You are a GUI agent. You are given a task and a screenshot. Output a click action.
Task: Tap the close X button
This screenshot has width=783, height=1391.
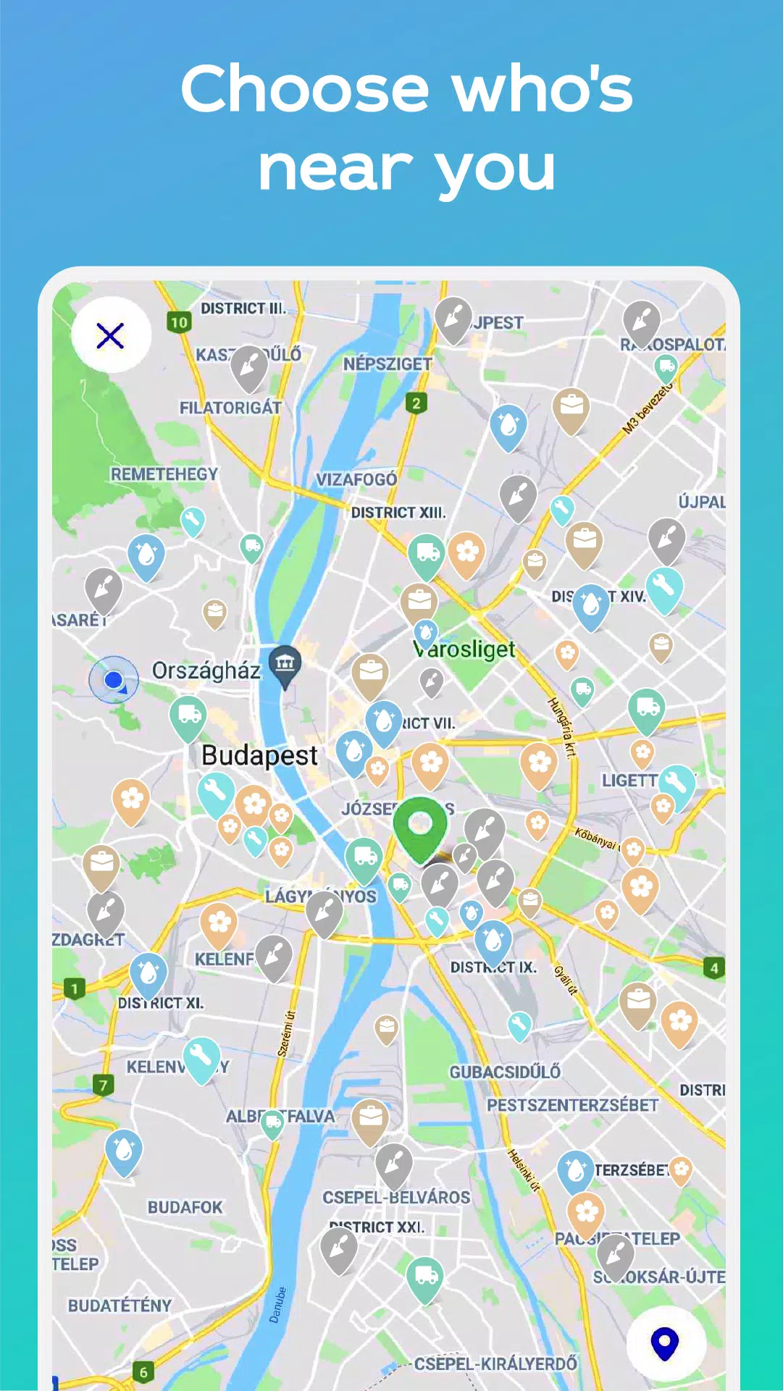pos(110,335)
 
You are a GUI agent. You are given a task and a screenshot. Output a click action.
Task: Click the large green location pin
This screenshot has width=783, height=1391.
pos(420,826)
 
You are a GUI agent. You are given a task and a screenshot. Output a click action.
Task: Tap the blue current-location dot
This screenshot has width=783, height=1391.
pos(113,679)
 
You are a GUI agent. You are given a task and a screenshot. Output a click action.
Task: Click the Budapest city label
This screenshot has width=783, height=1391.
pos(259,755)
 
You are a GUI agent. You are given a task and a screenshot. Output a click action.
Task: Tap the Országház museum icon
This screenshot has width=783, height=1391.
pos(285,663)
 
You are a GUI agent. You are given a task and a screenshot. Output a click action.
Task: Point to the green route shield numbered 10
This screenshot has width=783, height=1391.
pos(179,322)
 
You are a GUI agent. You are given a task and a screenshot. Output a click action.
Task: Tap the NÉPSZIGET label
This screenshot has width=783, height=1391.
pos(388,364)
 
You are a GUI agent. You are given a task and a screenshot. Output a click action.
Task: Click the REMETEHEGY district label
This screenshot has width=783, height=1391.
pos(164,474)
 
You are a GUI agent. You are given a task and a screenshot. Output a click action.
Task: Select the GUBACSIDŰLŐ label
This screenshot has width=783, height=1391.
pos(505,1072)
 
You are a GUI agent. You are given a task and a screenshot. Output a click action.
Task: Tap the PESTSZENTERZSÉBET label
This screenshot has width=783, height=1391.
pos(572,1105)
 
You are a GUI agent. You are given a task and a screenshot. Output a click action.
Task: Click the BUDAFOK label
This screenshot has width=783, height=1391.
pos(185,1207)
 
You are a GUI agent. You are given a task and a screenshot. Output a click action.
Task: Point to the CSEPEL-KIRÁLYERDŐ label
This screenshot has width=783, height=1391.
pos(495,1363)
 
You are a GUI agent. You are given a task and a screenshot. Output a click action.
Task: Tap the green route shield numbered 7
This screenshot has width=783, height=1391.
pos(103,1085)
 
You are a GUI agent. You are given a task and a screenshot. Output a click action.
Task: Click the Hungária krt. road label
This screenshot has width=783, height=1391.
pos(561,727)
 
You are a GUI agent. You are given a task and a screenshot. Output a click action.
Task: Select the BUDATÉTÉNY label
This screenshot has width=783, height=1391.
pos(120,1306)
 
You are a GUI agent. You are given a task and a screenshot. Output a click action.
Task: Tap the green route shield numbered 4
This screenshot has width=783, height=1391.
pos(713,967)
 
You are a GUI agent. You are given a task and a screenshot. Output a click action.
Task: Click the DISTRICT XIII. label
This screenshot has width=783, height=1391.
pos(398,513)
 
